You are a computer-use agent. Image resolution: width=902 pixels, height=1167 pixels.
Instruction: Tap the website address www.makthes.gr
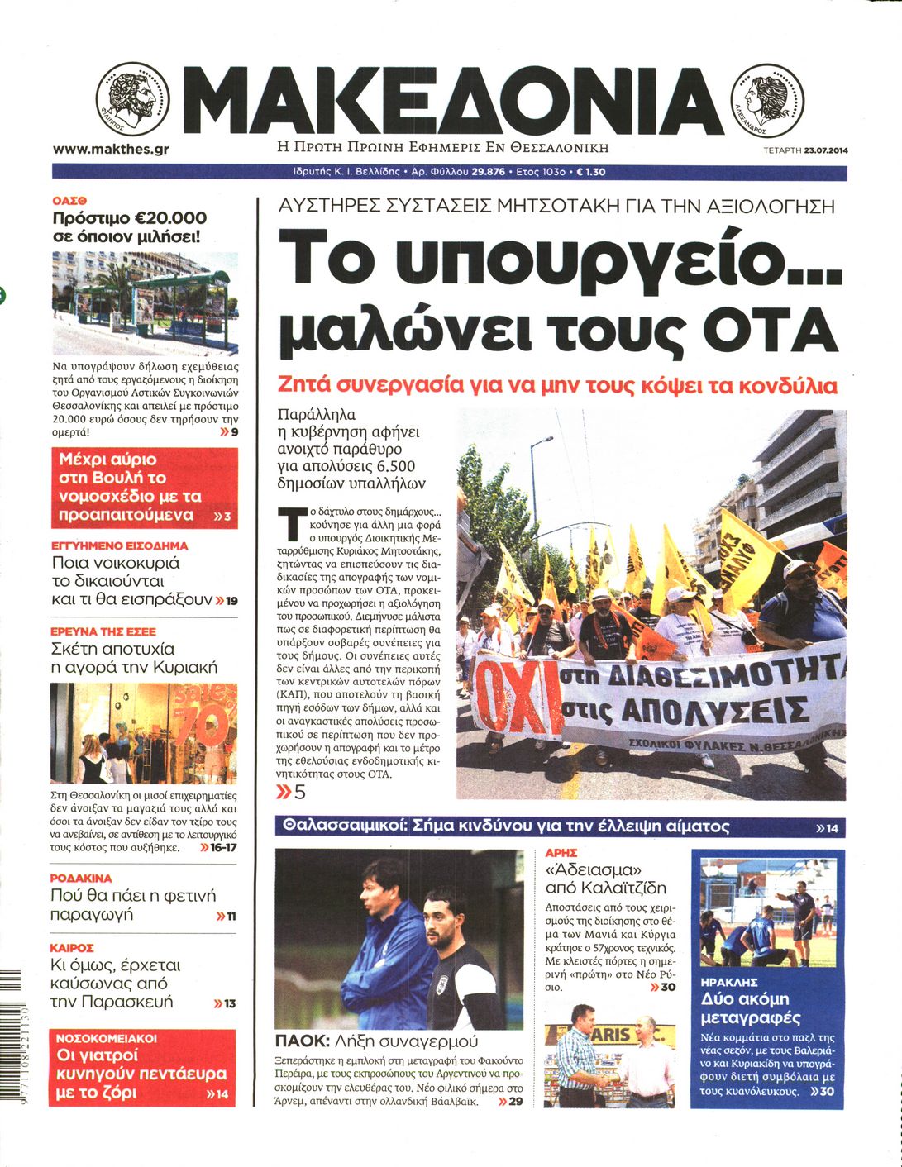[x=111, y=150]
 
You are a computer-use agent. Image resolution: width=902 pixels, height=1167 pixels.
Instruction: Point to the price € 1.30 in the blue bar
[x=591, y=172]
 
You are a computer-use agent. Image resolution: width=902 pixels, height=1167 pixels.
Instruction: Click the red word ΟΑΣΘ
[x=70, y=200]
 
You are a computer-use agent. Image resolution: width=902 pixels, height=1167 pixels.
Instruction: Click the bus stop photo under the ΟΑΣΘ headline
[x=145, y=303]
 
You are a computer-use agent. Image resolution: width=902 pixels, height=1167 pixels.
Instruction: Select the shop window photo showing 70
[x=144, y=732]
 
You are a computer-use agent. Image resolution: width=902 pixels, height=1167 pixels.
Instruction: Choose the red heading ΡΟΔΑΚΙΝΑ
[x=81, y=879]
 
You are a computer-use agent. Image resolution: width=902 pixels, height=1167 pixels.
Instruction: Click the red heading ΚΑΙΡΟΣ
[x=72, y=947]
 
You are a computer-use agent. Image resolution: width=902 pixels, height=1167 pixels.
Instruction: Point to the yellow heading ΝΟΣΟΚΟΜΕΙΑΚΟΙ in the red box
[x=107, y=1037]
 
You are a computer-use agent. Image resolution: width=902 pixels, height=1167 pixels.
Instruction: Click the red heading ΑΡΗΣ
[x=561, y=852]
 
